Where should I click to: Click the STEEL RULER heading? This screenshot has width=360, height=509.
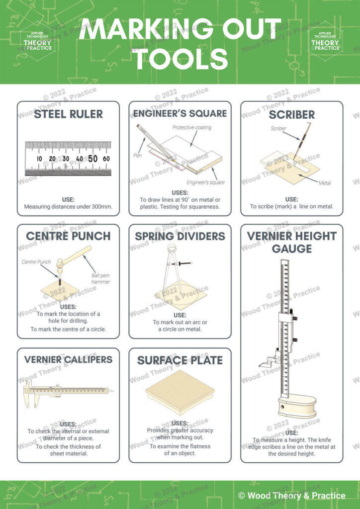(68, 114)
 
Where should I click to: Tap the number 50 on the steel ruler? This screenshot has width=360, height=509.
(93, 159)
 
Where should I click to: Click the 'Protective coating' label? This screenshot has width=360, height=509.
(191, 128)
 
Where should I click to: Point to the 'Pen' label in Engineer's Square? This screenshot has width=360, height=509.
(138, 156)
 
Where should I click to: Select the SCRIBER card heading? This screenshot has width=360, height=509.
(292, 115)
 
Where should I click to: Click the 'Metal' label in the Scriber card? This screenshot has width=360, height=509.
(325, 183)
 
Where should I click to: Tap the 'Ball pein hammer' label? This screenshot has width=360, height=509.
(100, 278)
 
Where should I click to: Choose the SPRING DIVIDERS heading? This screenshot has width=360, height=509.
(180, 236)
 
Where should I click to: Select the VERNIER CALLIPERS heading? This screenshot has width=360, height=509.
(68, 359)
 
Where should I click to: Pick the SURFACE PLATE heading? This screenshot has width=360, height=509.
(180, 360)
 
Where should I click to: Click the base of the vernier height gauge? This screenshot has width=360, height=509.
(297, 406)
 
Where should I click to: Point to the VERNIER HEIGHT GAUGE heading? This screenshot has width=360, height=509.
(292, 242)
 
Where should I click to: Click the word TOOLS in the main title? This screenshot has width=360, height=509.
(180, 59)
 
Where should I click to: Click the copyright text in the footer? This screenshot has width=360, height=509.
(291, 495)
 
